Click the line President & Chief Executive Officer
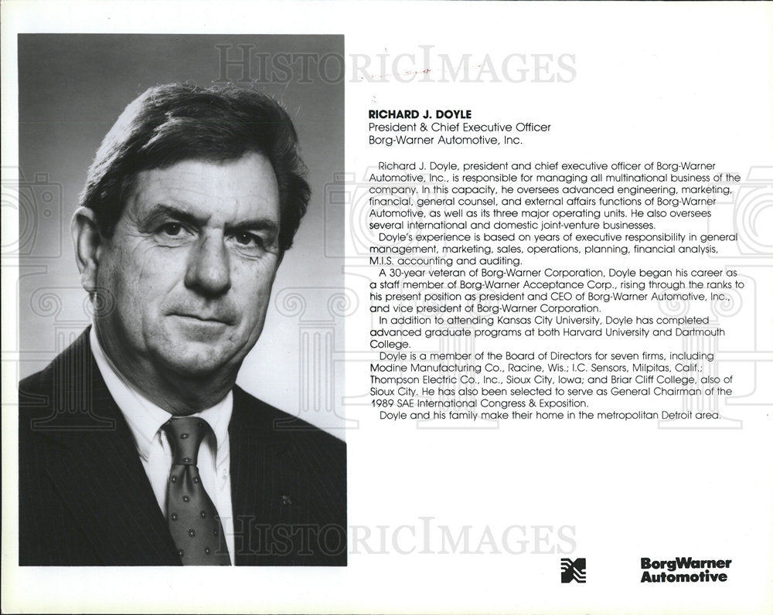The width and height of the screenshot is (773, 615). pyautogui.click(x=459, y=127)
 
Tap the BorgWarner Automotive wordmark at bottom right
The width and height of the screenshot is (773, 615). pyautogui.click(x=685, y=570)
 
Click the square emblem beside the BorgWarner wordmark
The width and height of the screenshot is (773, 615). pyautogui.click(x=573, y=570)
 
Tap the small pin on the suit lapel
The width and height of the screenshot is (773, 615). pyautogui.click(x=287, y=500)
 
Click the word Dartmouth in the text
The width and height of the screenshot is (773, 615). pyautogui.click(x=691, y=332)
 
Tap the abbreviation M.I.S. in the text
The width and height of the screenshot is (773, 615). pyautogui.click(x=383, y=261)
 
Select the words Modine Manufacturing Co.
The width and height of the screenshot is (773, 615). pyautogui.click(x=424, y=368)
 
